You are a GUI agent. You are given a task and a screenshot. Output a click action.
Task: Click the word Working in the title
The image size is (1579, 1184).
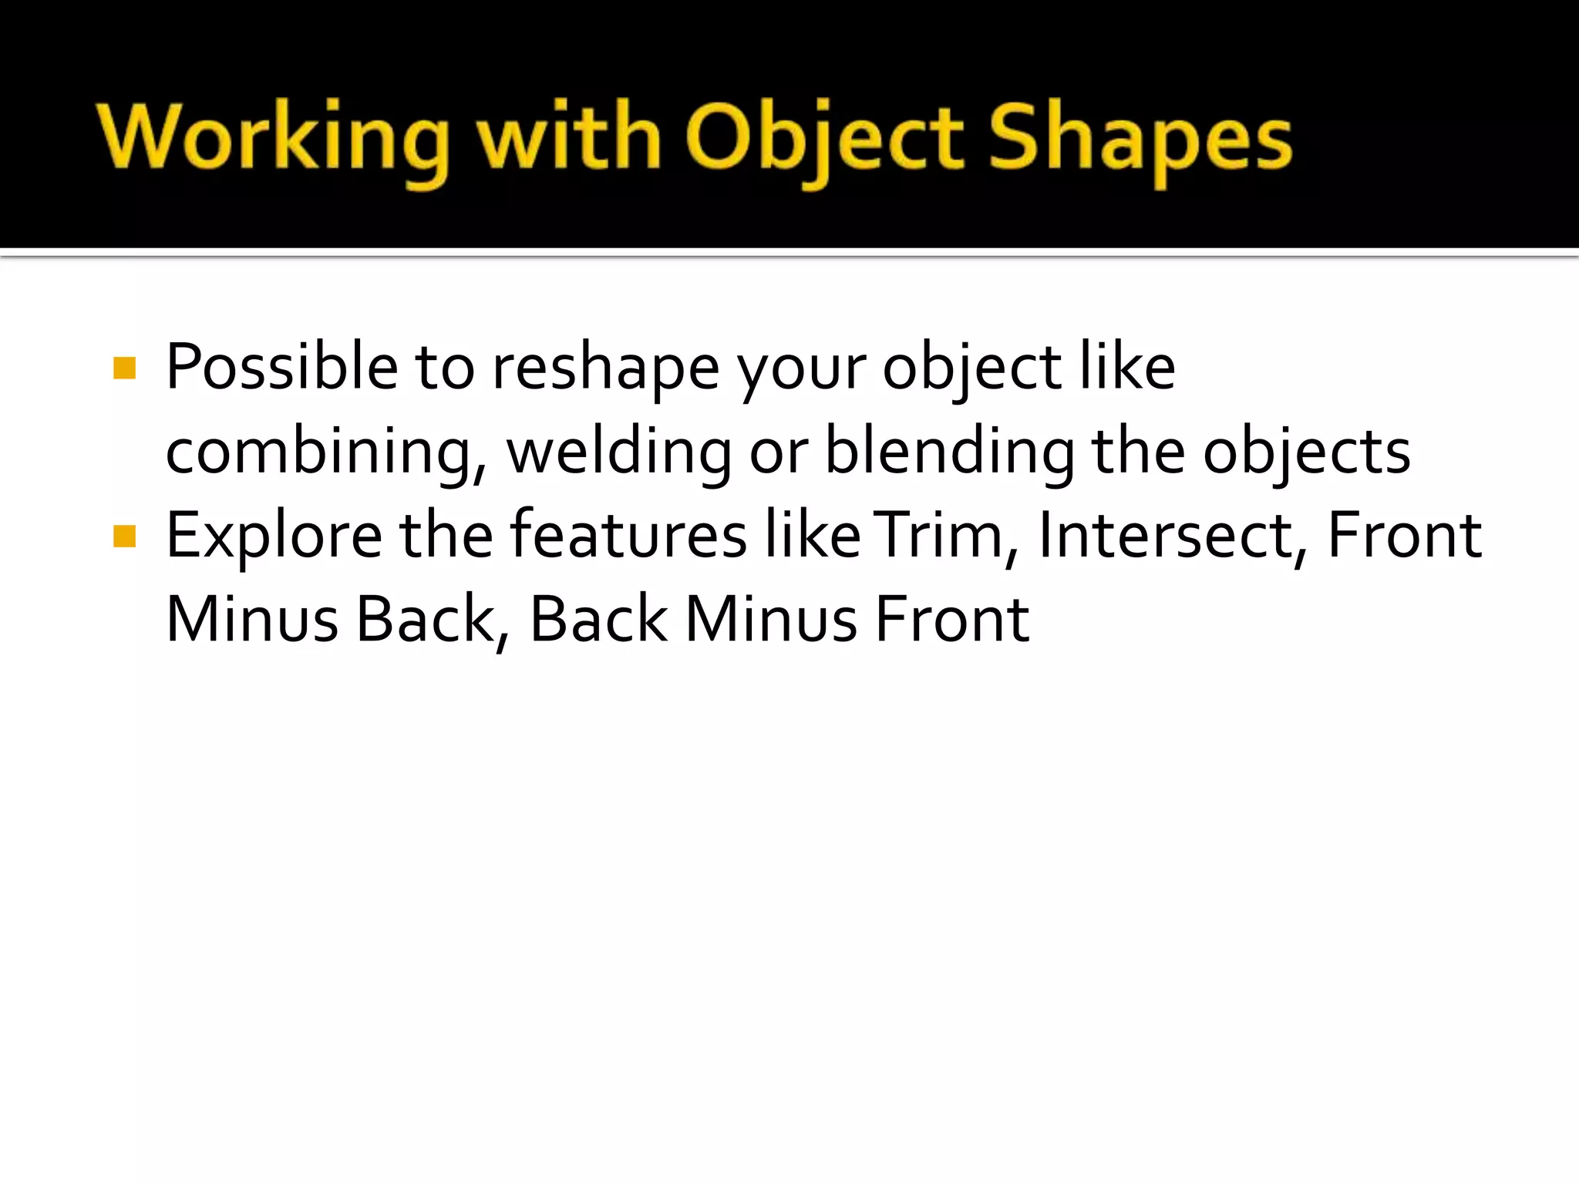pyautogui.click(x=273, y=139)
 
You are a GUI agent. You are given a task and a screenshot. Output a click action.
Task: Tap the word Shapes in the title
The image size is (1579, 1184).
pyautogui.click(x=1140, y=139)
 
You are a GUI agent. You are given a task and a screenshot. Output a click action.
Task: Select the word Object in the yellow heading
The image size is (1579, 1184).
pyautogui.click(x=823, y=139)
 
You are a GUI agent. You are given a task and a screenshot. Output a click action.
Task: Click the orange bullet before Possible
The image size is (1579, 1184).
pyautogui.click(x=124, y=368)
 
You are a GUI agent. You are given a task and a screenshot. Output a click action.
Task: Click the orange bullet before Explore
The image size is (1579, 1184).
pyautogui.click(x=124, y=535)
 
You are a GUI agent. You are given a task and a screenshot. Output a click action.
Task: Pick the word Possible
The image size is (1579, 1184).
pyautogui.click(x=281, y=368)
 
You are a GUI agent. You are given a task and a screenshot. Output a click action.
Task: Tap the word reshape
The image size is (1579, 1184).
pyautogui.click(x=606, y=368)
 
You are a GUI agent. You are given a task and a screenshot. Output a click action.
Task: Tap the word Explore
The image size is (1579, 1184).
pyautogui.click(x=274, y=535)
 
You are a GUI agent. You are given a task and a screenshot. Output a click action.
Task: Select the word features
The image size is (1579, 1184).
pyautogui.click(x=628, y=535)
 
